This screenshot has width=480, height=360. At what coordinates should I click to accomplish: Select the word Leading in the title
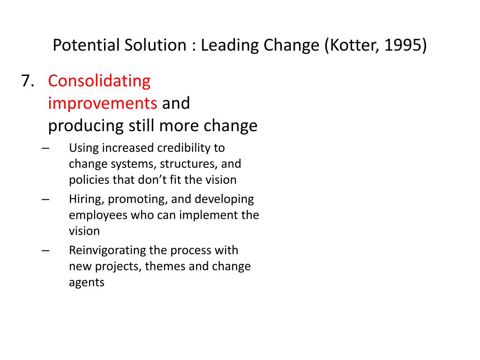(230, 46)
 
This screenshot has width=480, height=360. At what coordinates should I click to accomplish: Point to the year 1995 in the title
(402, 45)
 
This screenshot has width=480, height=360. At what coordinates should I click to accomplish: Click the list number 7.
(27, 81)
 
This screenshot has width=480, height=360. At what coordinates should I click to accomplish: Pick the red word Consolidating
(99, 82)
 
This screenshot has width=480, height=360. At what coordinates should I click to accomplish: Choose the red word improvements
(103, 104)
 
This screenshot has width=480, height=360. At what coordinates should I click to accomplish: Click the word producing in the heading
(86, 126)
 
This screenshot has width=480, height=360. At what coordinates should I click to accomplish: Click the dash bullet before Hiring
(45, 200)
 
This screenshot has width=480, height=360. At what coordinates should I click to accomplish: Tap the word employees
(98, 216)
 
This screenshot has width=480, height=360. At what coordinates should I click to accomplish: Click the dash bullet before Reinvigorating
(45, 251)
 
